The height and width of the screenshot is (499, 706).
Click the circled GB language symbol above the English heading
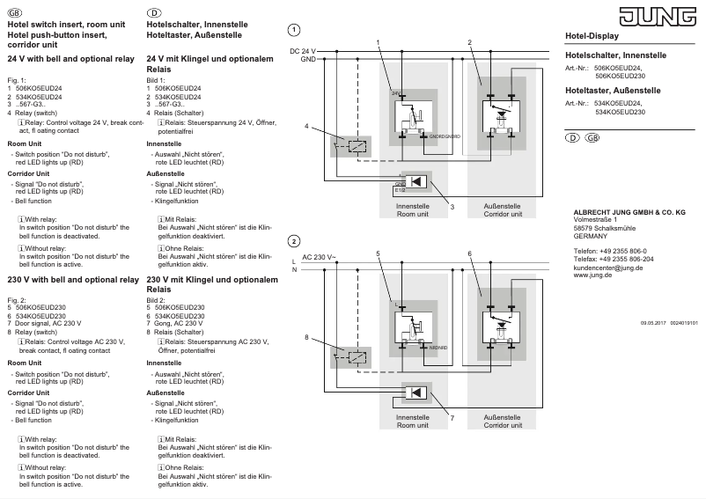pos(11,12)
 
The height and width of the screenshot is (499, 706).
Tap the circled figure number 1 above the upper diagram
pos(294,30)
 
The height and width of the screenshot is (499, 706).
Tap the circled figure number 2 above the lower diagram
pos(294,241)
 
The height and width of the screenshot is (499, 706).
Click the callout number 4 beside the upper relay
pos(307,127)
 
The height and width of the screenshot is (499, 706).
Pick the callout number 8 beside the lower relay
pos(307,337)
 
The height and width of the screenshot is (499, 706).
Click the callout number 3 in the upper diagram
pos(452,206)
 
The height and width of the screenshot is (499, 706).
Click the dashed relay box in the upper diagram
pos(357,144)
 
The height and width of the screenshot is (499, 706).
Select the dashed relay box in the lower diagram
pos(357,356)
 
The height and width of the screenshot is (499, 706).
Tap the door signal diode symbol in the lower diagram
pos(421,393)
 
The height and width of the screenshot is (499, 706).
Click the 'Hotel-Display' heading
pos(592,36)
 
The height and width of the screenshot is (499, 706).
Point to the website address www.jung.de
pos(593,275)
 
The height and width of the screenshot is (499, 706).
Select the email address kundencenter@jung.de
pos(607,268)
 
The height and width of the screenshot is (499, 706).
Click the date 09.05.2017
pos(654,323)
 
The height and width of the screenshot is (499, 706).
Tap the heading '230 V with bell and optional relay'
pos(72,279)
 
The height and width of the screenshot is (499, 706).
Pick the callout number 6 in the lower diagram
pos(470,253)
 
